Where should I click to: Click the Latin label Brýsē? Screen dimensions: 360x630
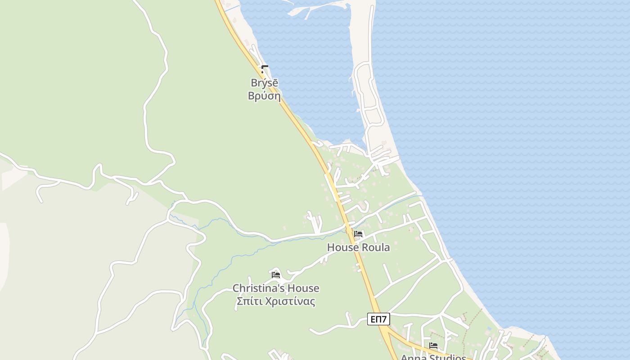tap(264, 83)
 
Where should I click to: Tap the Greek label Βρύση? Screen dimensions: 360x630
tap(264, 96)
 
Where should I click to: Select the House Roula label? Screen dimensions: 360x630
tap(358, 247)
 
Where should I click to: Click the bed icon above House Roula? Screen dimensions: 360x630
tap(358, 234)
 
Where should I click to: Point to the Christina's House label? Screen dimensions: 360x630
tap(276, 288)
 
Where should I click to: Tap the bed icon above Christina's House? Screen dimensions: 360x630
tap(276, 274)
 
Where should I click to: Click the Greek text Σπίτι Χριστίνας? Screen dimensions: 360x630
tap(276, 301)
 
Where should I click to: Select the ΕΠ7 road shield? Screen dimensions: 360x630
tap(378, 319)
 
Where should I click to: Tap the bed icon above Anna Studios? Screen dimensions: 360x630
tap(433, 346)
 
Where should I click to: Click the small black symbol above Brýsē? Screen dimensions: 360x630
tap(265, 69)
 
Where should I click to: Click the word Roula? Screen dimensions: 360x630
tap(376, 247)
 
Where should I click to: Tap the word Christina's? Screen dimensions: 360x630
tap(259, 288)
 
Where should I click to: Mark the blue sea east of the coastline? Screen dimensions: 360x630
tap(517, 135)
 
